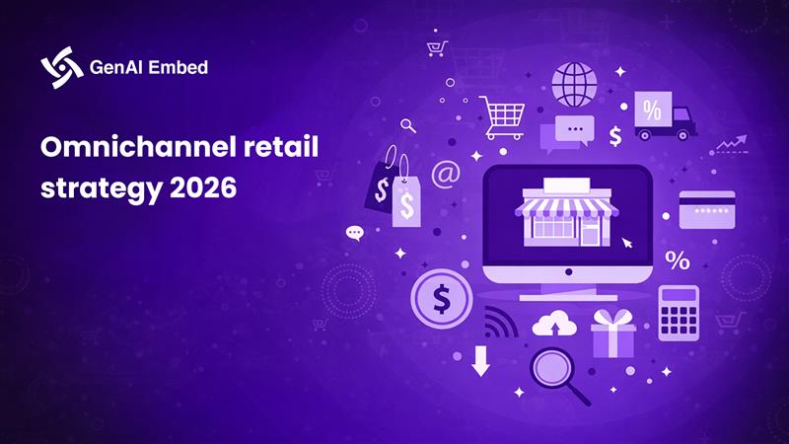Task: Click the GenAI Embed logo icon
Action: coord(60,67)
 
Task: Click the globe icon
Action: coord(574,85)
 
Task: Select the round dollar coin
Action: coord(440,297)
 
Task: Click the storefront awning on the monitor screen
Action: coord(566,205)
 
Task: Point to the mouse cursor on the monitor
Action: coord(626,241)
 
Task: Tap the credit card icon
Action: coord(706,210)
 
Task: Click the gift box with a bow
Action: coord(613,333)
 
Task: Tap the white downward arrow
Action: coord(480,361)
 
